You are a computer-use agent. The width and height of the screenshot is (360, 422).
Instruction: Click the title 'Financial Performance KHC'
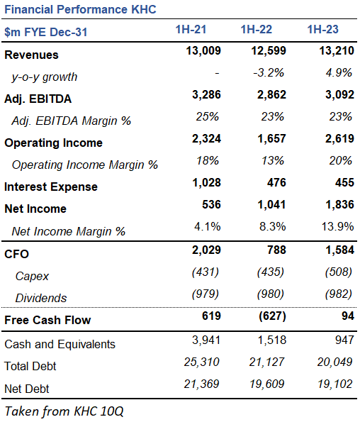click(80, 9)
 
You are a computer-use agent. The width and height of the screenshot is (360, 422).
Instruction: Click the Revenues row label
click(32, 55)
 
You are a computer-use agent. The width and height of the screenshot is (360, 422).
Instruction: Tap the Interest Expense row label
click(51, 187)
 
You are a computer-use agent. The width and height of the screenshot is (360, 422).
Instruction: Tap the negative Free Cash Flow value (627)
click(271, 316)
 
